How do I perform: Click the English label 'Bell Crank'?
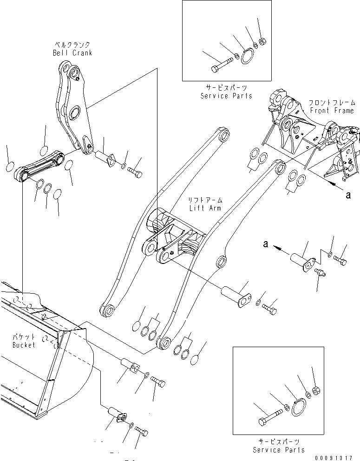coord(72,53)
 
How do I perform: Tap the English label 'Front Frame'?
coord(332,111)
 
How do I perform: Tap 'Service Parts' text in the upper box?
coord(226,96)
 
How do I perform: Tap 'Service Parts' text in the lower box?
coord(279,450)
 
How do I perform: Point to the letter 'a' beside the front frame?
coord(348,195)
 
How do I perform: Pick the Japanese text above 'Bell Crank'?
coord(72,45)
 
